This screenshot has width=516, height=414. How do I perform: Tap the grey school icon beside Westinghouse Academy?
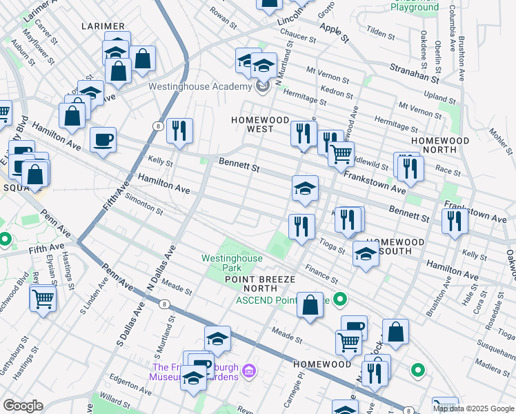click(263, 87)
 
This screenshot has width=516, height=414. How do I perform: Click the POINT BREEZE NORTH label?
click(260, 284)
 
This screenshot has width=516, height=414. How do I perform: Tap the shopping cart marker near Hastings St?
click(43, 299)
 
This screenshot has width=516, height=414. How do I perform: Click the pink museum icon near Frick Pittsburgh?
click(250, 372)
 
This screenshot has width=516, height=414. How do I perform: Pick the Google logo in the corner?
click(22, 406)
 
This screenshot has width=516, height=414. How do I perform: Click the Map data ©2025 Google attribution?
click(473, 408)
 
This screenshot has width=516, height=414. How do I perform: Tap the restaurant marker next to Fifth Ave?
click(179, 129)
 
